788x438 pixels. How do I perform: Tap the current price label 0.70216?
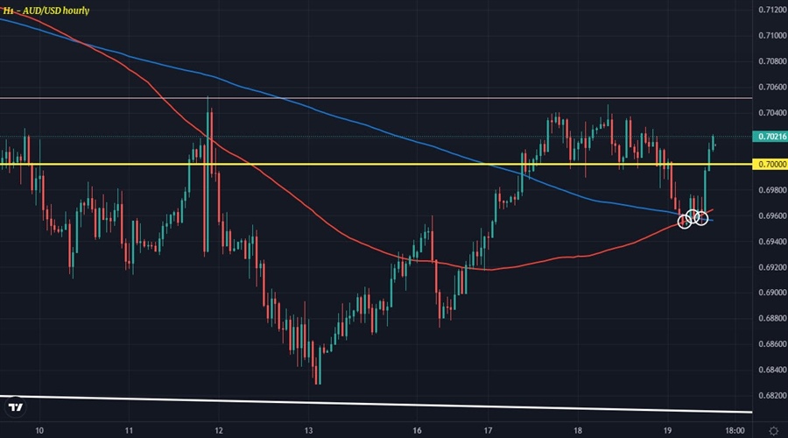(769, 138)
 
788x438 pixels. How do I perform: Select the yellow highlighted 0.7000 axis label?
(769, 165)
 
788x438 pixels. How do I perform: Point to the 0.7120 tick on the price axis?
(769, 11)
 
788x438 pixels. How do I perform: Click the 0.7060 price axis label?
(769, 88)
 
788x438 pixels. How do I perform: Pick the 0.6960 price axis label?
(769, 215)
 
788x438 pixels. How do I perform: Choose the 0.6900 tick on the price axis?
(769, 293)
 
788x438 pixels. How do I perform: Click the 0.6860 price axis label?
(769, 344)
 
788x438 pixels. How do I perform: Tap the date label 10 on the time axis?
(39, 430)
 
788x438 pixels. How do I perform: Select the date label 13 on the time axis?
(307, 430)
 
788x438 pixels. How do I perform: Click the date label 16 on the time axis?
(417, 430)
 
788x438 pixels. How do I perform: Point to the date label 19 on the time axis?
(666, 430)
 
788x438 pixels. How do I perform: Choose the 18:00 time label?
(735, 430)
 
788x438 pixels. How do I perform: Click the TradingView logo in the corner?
(15, 407)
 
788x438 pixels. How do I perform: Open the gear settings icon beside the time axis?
(773, 430)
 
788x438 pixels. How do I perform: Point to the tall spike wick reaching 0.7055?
(208, 102)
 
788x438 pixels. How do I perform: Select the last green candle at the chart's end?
(714, 143)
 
